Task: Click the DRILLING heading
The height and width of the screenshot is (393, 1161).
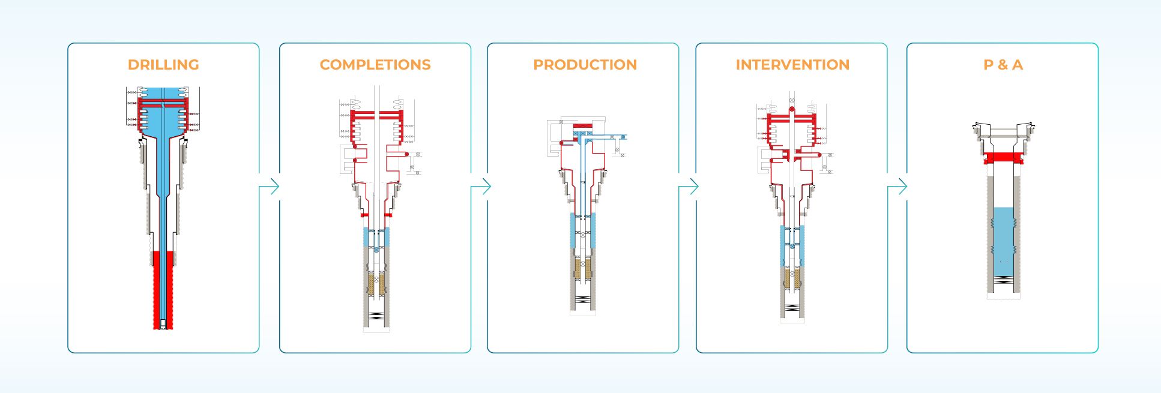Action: pyautogui.click(x=163, y=65)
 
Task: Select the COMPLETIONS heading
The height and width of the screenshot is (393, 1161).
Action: pyautogui.click(x=375, y=65)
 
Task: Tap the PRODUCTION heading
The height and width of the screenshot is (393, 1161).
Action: pyautogui.click(x=585, y=65)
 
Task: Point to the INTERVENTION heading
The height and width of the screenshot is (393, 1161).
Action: pyautogui.click(x=792, y=65)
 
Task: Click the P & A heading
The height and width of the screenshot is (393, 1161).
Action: pyautogui.click(x=1003, y=65)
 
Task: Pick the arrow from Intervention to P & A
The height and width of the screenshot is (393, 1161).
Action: pyautogui.click(x=899, y=187)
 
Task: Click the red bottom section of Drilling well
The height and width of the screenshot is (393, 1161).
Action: pyautogui.click(x=163, y=288)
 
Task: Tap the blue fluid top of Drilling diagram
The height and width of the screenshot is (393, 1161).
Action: pyautogui.click(x=163, y=94)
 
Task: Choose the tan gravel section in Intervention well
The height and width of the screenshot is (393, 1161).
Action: pyautogui.click(x=792, y=278)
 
